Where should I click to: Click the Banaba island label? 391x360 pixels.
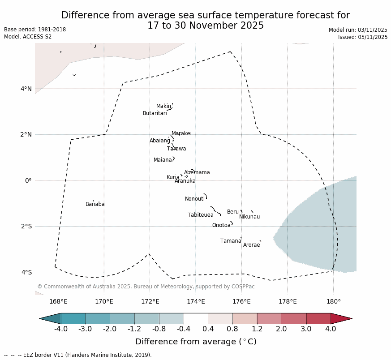pyautogui.click(x=95, y=204)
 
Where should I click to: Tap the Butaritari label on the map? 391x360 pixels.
pyautogui.click(x=155, y=113)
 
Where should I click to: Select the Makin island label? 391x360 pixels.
pyautogui.click(x=163, y=106)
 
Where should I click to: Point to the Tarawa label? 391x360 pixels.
pyautogui.click(x=176, y=149)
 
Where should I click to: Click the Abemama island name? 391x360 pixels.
pyautogui.click(x=197, y=172)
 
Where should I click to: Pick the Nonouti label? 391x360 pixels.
pyautogui.click(x=195, y=199)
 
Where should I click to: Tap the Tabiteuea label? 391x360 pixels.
pyautogui.click(x=201, y=215)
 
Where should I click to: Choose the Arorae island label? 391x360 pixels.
pyautogui.click(x=251, y=245)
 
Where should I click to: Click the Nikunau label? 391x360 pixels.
pyautogui.click(x=249, y=217)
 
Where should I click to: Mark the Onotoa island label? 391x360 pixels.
pyautogui.click(x=221, y=225)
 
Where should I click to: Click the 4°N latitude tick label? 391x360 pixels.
pyautogui.click(x=26, y=89)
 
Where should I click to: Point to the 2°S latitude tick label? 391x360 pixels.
pyautogui.click(x=26, y=226)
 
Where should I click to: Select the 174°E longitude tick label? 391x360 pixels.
pyautogui.click(x=196, y=301)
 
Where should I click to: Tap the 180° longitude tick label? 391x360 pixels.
pyautogui.click(x=333, y=301)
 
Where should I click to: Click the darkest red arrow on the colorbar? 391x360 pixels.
pyautogui.click(x=342, y=318)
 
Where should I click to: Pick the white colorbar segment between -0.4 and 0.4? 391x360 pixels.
pyautogui.click(x=196, y=318)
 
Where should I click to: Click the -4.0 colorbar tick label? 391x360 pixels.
pyautogui.click(x=61, y=329)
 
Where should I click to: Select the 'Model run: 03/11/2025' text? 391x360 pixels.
pyautogui.click(x=358, y=30)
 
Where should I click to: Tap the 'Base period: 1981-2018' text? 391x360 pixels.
pyautogui.click(x=35, y=30)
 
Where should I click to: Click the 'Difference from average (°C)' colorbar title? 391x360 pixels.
pyautogui.click(x=196, y=342)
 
